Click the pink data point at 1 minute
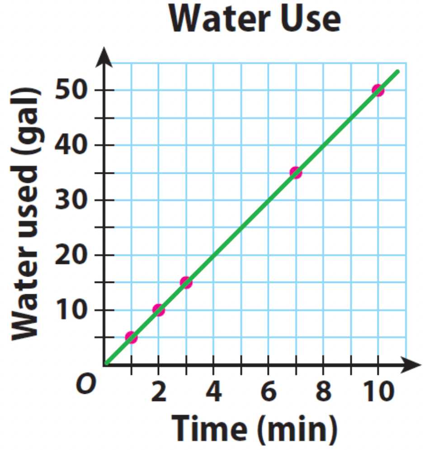click(x=131, y=337)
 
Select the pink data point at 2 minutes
click(x=158, y=310)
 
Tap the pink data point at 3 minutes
click(x=186, y=282)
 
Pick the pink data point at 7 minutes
click(x=296, y=172)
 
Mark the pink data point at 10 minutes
click(x=378, y=90)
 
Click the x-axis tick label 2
click(x=159, y=392)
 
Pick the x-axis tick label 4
click(x=213, y=392)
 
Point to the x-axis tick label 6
click(x=269, y=392)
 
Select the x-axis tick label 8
click(x=323, y=392)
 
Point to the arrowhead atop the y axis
click(x=104, y=54)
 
